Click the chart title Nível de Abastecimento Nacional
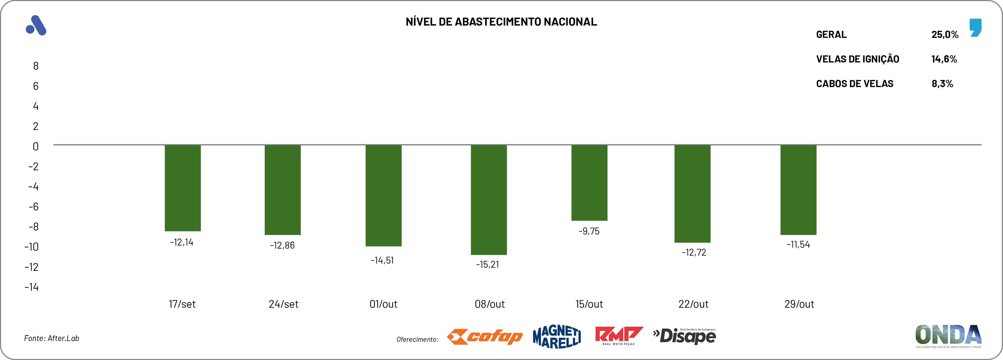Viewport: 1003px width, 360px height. [501, 22]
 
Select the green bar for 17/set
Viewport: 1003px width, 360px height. [183, 188]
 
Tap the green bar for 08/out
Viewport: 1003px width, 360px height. [489, 200]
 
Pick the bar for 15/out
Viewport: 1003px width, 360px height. [589, 183]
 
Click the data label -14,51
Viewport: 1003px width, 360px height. [382, 260]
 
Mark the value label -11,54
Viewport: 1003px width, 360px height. [798, 245]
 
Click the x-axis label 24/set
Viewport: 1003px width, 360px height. [284, 304]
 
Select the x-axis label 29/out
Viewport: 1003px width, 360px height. [799, 304]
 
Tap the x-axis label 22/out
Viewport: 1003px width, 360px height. [693, 304]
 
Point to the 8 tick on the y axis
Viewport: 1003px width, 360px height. [36, 66]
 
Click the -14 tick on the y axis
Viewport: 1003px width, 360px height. [32, 287]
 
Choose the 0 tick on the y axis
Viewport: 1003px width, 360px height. [36, 147]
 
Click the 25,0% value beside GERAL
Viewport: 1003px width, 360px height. [945, 35]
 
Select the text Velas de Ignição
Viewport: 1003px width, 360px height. [857, 59]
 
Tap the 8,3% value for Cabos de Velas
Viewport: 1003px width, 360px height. [942, 84]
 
